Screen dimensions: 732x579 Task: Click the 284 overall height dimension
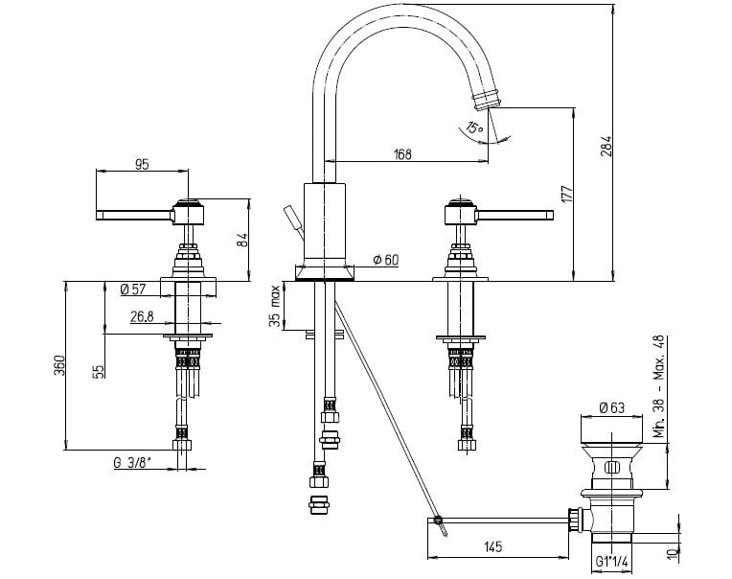(606, 147)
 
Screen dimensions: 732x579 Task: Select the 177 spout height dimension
(566, 194)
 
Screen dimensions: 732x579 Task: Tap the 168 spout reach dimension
(402, 153)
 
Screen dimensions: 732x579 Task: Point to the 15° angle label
(475, 127)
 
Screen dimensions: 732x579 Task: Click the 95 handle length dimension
(142, 164)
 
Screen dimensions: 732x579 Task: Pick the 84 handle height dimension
(242, 241)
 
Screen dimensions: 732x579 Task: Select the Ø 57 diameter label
(133, 289)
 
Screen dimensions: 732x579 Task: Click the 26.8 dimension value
(142, 317)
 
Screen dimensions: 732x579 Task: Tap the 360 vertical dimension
(59, 365)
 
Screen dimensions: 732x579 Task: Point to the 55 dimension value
(99, 372)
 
